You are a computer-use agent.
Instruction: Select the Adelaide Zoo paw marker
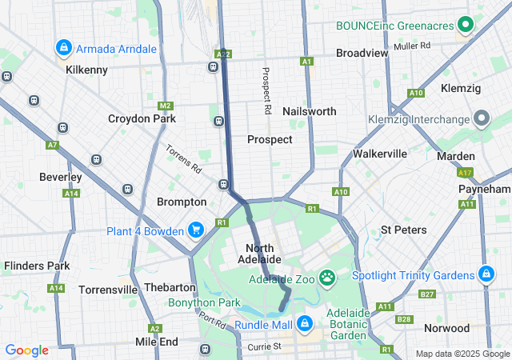tap(328, 278)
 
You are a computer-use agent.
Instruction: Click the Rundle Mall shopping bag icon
tap(304, 323)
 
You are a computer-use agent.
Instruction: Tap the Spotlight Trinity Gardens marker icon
tap(485, 274)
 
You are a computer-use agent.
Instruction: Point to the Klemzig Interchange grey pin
tap(481, 119)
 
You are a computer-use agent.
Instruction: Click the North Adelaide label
tap(259, 254)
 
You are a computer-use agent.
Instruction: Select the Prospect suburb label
tap(270, 139)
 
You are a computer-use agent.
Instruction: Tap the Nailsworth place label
tap(310, 111)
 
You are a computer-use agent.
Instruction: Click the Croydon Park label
tap(142, 118)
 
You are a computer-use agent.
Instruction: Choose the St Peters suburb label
tap(403, 230)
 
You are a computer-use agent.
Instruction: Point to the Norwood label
tap(446, 328)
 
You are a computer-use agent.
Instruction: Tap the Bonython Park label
tap(204, 303)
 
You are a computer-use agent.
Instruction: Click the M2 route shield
tap(165, 106)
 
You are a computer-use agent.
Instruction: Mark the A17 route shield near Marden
tap(466, 172)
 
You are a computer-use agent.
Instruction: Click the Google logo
tap(26, 350)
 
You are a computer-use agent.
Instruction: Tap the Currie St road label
tap(264, 346)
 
